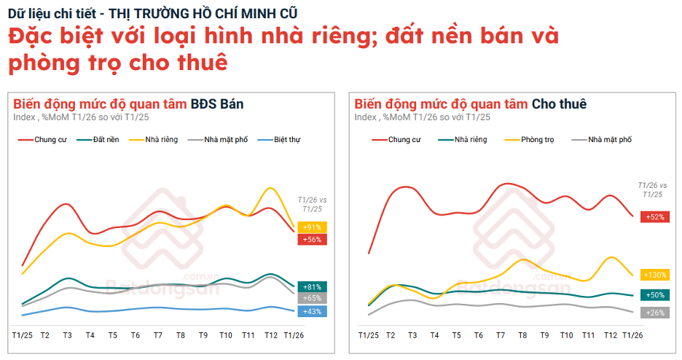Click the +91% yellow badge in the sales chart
pos(312,227)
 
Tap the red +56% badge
pos(312,239)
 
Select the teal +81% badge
pos(312,286)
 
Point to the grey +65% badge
pos(312,298)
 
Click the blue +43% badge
pos(312,311)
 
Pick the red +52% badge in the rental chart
pos(654,216)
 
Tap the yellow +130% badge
pos(654,275)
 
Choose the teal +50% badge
pos(654,295)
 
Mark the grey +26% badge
pos(654,313)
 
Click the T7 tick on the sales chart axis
pos(158,335)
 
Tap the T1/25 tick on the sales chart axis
pos(22,335)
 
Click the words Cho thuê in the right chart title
pos(559,104)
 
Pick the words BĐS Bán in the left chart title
pos(217,104)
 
